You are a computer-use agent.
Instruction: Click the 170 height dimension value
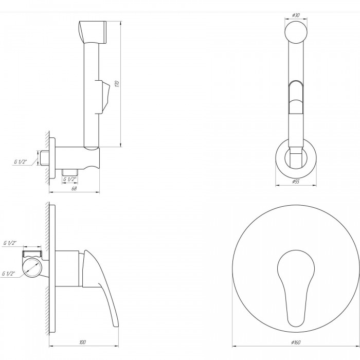click(117, 84)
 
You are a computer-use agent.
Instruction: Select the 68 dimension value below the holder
click(74, 188)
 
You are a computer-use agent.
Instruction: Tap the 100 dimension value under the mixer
click(83, 342)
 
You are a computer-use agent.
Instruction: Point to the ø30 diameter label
click(296, 15)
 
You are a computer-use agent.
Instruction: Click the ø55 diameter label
click(296, 182)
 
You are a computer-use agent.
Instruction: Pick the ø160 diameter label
click(296, 343)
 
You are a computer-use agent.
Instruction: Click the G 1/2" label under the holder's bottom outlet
click(69, 179)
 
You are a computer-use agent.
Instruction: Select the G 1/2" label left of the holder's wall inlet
click(20, 161)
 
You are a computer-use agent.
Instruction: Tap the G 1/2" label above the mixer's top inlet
click(10, 243)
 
